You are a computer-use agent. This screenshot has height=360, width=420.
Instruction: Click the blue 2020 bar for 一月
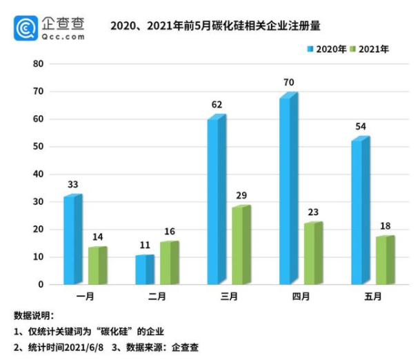point(72,240)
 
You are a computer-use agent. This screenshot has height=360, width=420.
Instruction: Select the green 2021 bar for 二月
point(168,263)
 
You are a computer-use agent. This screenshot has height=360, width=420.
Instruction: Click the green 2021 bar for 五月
point(384,260)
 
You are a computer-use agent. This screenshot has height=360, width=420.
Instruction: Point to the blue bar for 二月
point(144,270)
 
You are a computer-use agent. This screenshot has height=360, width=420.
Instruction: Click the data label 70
point(288,83)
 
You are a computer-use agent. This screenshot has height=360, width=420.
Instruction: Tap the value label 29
point(241,196)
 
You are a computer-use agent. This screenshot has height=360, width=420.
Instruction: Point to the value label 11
point(144,245)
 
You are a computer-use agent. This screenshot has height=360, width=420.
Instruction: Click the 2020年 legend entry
point(326,49)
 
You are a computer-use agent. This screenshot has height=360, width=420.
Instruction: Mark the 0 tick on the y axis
point(41,284)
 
